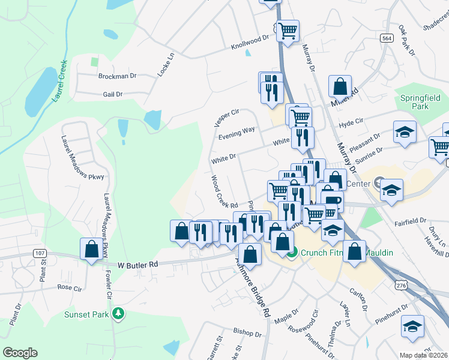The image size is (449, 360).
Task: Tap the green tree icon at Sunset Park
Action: (119, 314)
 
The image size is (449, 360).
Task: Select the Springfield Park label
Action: (420, 102)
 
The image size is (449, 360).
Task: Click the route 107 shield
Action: (40, 254)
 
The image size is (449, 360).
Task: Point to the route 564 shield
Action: (387, 37)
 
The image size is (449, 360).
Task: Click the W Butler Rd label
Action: (137, 264)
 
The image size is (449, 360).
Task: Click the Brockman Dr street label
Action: (117, 76)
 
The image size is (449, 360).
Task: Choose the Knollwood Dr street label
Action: (250, 43)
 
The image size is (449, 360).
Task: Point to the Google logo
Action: (20, 352)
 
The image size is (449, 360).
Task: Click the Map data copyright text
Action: (423, 355)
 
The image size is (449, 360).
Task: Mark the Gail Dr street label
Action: (112, 94)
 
